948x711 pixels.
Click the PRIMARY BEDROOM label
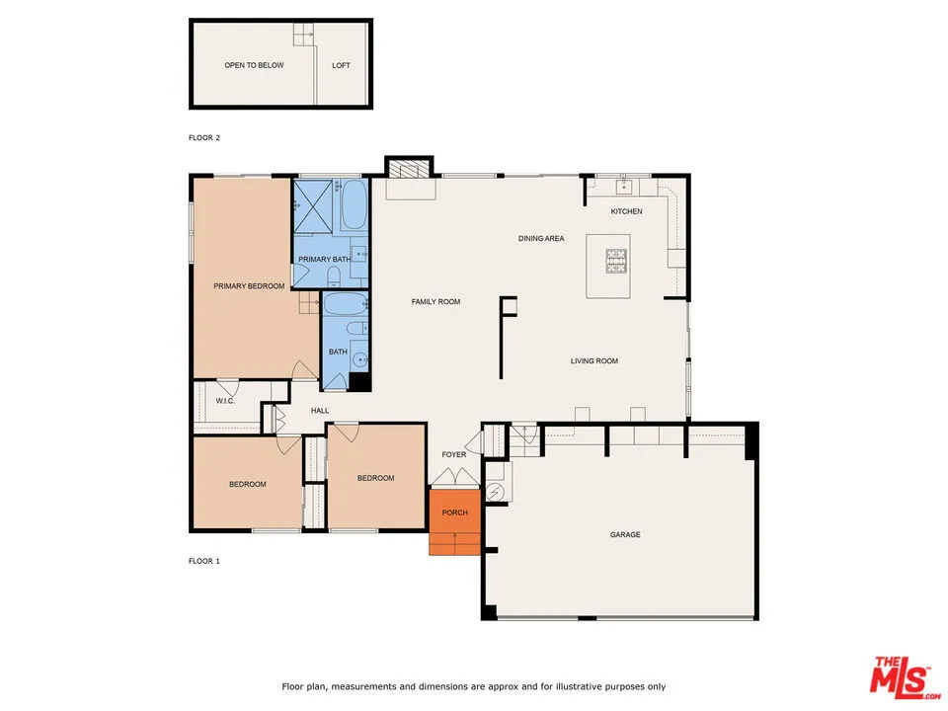(x=249, y=286)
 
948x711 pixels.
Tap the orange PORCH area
(x=454, y=513)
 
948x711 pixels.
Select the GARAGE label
(x=625, y=534)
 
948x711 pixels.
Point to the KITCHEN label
(x=626, y=211)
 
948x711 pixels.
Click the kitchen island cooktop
(x=617, y=262)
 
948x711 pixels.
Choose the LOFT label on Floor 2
(x=341, y=66)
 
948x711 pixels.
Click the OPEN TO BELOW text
(x=254, y=66)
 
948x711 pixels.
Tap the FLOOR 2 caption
(x=204, y=137)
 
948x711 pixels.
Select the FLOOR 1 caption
(x=204, y=561)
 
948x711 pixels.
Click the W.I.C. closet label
(x=224, y=401)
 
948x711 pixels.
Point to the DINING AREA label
(x=541, y=238)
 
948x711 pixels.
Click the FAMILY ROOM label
(x=435, y=301)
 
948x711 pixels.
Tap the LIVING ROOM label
(x=594, y=361)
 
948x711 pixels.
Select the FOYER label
(x=453, y=454)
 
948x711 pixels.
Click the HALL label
(x=320, y=411)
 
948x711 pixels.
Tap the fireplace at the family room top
(x=408, y=169)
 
